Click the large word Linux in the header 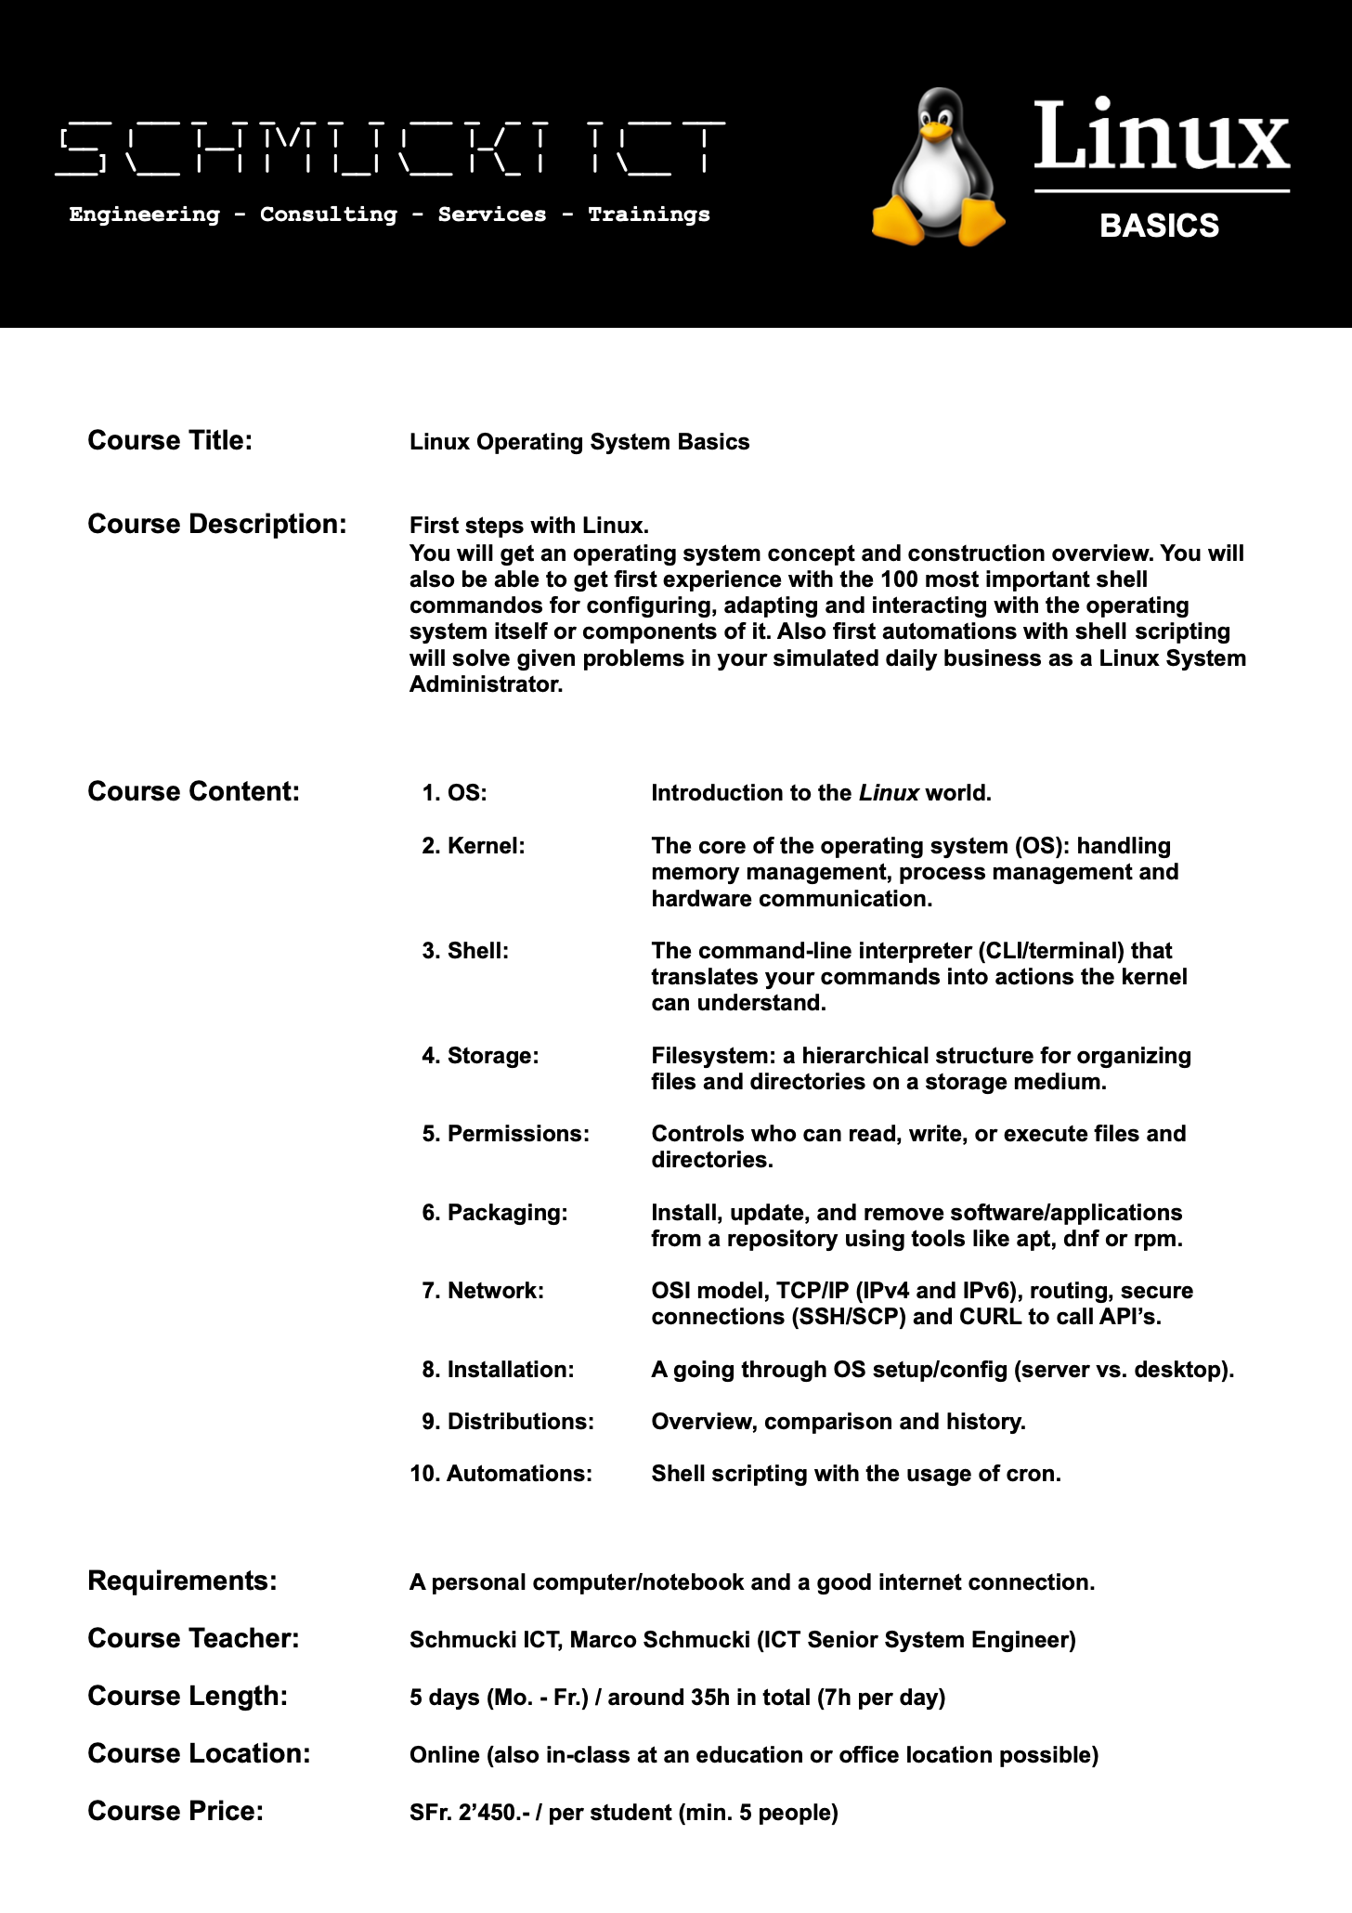[1161, 137]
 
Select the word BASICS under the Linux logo [1159, 226]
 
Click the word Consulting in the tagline [328, 215]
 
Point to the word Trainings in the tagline [648, 215]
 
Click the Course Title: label [170, 440]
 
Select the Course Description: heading [217, 524]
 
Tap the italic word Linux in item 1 [889, 793]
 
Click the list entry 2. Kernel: [474, 846]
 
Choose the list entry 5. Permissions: [506, 1134]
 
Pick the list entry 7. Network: [483, 1291]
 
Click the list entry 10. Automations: [501, 1474]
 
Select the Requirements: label [182, 1581]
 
